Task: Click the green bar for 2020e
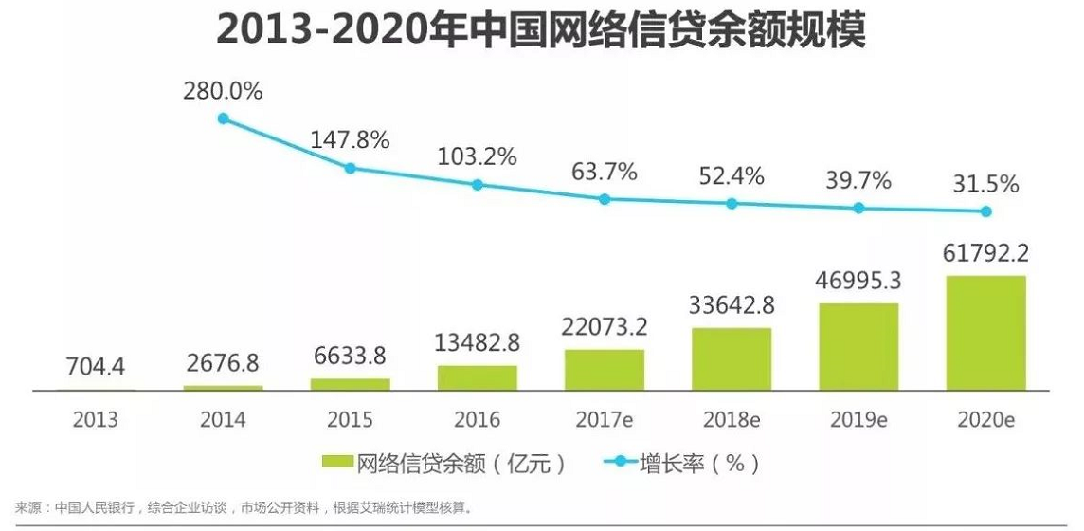click(985, 333)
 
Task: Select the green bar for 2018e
click(732, 358)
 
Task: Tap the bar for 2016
click(478, 377)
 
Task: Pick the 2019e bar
click(858, 346)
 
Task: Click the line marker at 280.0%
click(224, 119)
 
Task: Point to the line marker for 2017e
click(605, 199)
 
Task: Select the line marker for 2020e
click(985, 211)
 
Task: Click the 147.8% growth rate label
click(351, 140)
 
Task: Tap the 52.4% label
click(731, 176)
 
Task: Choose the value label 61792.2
click(985, 254)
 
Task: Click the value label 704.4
click(95, 364)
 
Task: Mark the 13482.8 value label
click(477, 341)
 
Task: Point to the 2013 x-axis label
click(96, 419)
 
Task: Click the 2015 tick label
click(350, 419)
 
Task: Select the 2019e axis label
click(858, 419)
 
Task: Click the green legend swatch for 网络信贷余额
click(337, 463)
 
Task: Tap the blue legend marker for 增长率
click(620, 463)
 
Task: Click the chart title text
click(541, 30)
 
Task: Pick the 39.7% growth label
click(858, 180)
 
